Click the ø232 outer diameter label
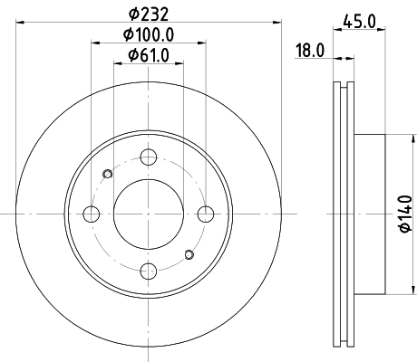click(x=148, y=14)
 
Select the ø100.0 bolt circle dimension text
click(x=148, y=35)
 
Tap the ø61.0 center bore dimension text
click(x=148, y=56)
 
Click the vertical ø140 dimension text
click(x=405, y=215)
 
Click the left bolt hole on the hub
click(x=92, y=214)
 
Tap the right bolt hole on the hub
click(x=206, y=214)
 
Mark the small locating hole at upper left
click(x=108, y=175)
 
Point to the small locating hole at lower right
click(x=189, y=254)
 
